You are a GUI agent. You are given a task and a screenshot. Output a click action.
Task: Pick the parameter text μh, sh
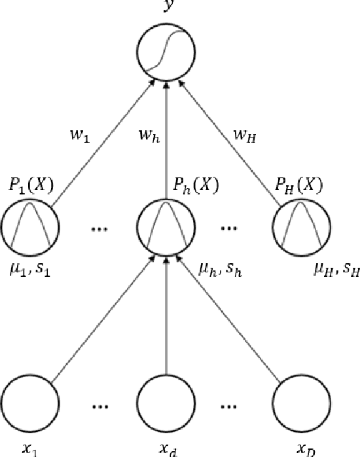(221, 268)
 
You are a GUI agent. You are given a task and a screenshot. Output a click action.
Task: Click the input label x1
(30, 449)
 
